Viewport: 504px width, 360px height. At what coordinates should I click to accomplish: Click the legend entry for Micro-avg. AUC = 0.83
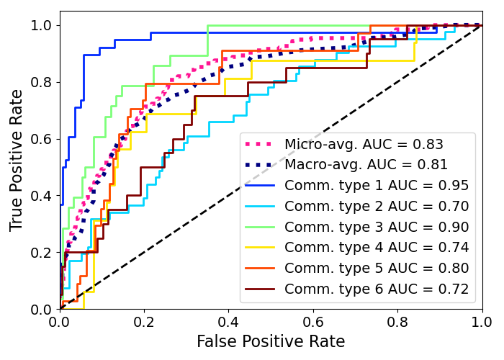pos(364,144)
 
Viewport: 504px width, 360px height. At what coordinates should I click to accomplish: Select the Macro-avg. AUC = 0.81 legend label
pos(366,165)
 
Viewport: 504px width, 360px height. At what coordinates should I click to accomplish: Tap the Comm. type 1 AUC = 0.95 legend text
pos(377,186)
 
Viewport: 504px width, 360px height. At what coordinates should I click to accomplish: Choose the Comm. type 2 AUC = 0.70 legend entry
pos(377,207)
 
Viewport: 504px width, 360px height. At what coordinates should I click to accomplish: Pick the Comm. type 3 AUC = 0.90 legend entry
pos(377,228)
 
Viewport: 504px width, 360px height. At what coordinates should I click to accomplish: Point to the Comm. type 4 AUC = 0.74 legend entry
pos(377,248)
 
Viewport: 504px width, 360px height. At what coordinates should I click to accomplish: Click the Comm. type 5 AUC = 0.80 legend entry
pos(377,269)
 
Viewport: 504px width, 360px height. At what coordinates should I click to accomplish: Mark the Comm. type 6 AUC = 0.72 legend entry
pos(377,289)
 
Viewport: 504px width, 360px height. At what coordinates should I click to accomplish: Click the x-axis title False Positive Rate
pos(271,342)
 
